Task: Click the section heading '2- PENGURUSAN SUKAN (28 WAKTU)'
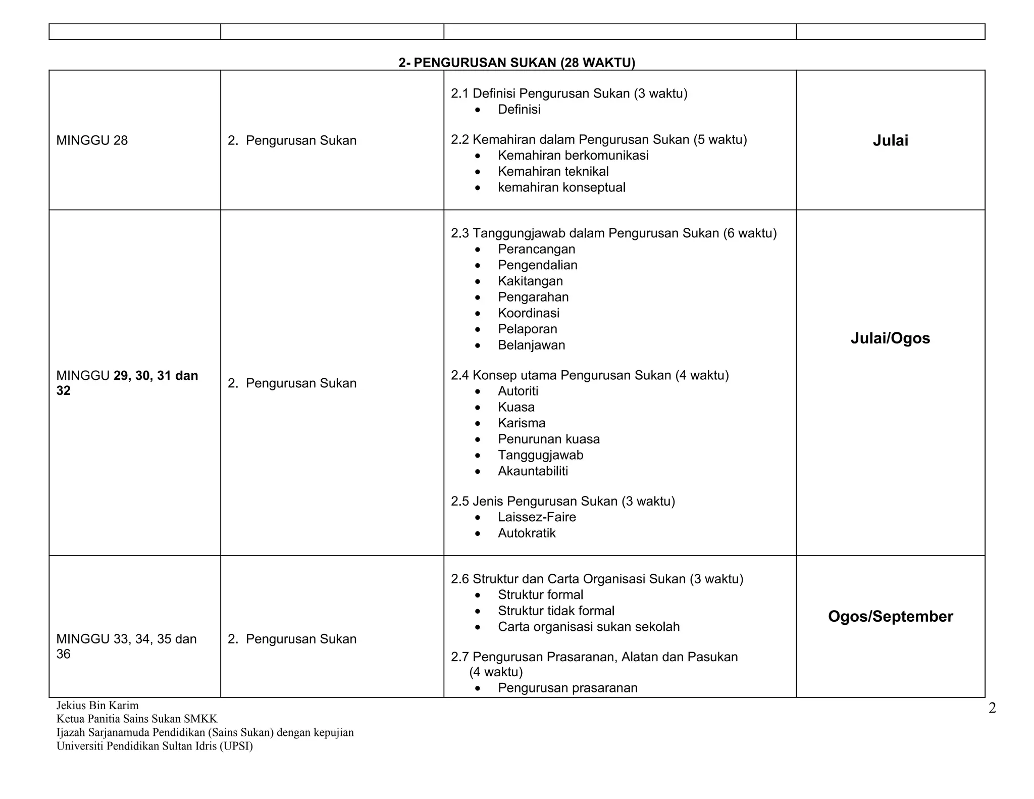[x=516, y=63]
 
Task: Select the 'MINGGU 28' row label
[x=92, y=140]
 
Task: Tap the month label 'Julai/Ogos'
[x=890, y=338]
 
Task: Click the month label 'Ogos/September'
[x=890, y=616]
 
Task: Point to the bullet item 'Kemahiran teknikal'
[x=553, y=171]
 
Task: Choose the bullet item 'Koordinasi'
[x=528, y=313]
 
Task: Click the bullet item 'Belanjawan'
[x=531, y=345]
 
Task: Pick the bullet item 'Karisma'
[x=522, y=423]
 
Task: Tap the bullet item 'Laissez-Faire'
[x=537, y=517]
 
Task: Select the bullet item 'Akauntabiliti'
[x=533, y=471]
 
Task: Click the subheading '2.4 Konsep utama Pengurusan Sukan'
[x=589, y=375]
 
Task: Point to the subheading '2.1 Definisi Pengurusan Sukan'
[x=568, y=93]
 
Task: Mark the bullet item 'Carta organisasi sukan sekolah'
[x=589, y=627]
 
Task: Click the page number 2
[x=992, y=708]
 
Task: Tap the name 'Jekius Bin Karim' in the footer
[x=97, y=705]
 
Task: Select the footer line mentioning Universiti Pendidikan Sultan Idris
[x=154, y=746]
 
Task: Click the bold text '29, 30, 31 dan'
[x=156, y=376]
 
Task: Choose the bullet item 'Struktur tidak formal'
[x=556, y=611]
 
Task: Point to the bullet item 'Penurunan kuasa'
[x=548, y=439]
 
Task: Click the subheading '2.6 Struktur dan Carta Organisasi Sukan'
[x=597, y=579]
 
